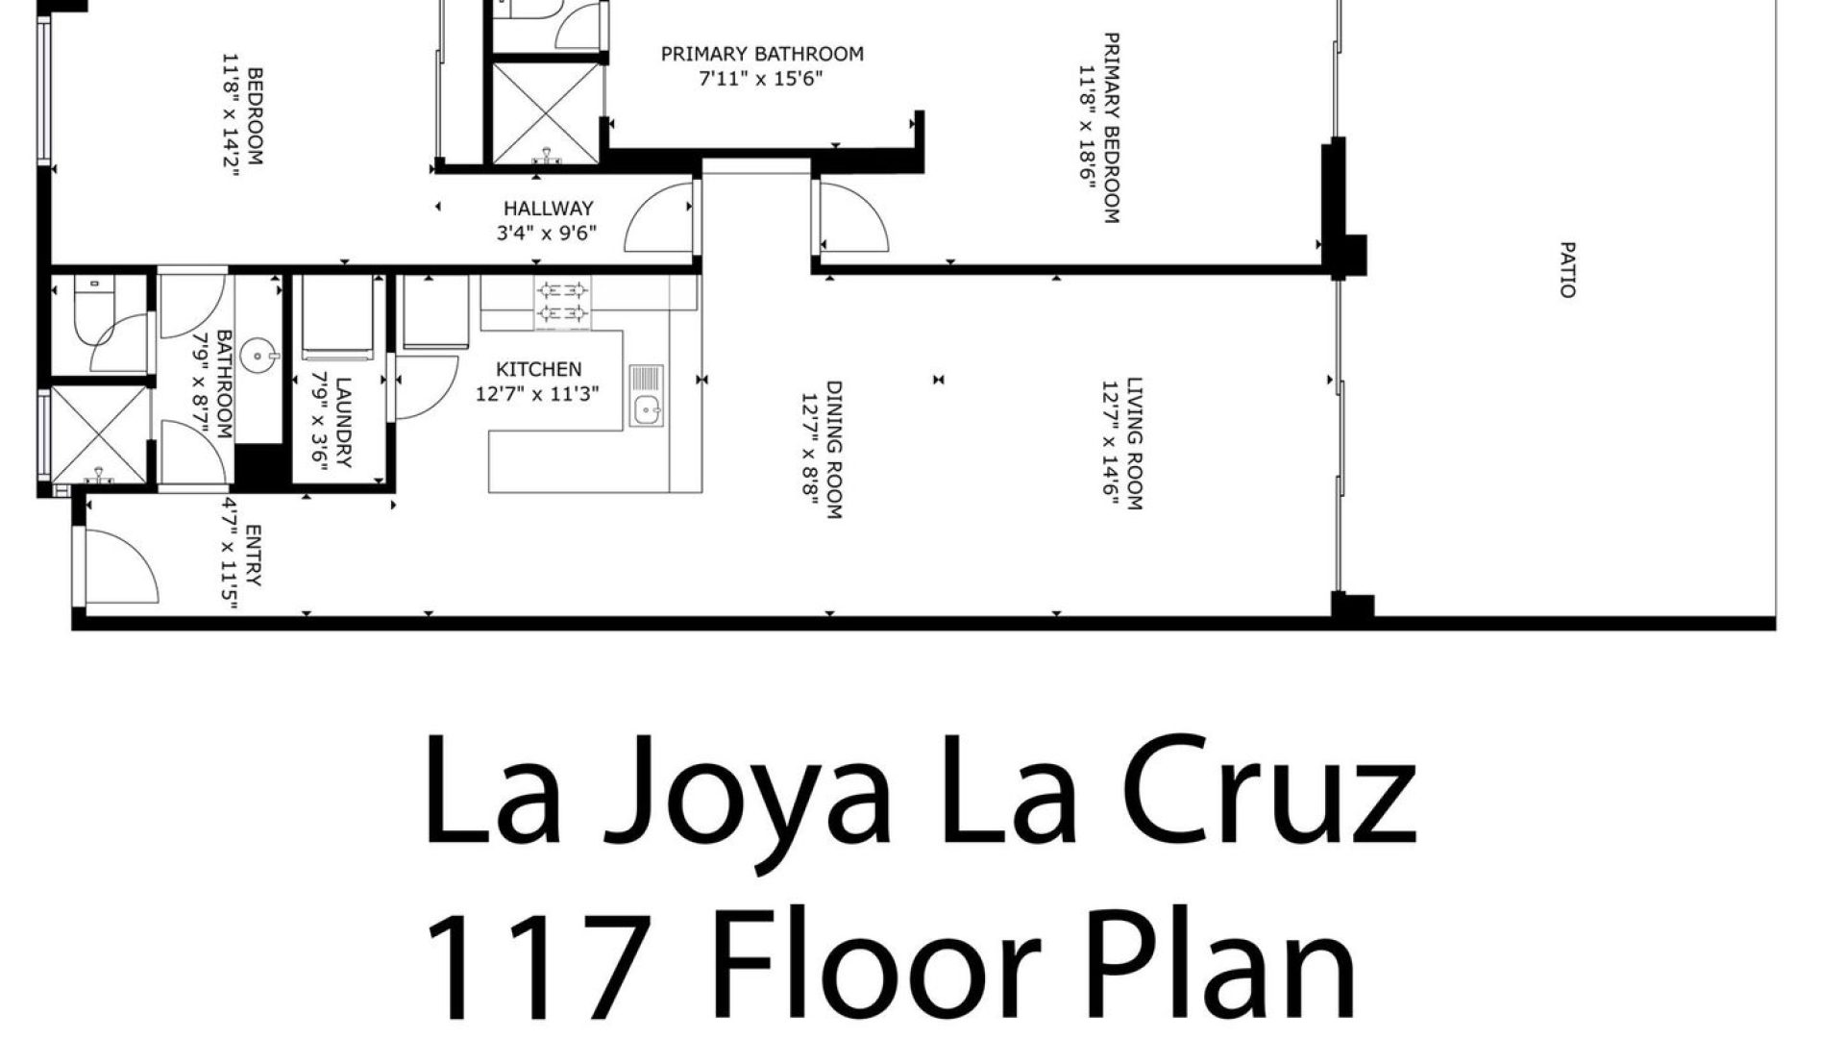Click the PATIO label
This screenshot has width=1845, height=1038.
tap(1567, 270)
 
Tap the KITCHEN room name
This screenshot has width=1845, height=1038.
tap(538, 369)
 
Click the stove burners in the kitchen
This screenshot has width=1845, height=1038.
tap(562, 301)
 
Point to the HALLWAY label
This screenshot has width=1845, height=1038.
tap(549, 209)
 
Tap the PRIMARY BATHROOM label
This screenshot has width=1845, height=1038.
tap(762, 54)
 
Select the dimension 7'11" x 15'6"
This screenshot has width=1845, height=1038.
tap(762, 78)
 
